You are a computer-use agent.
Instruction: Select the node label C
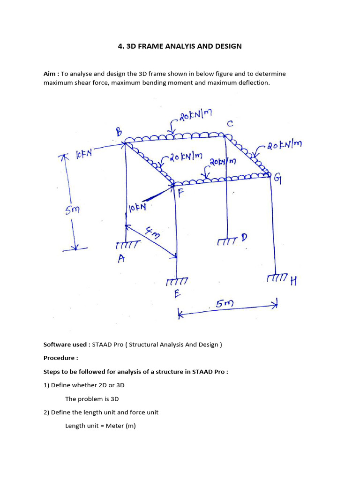[x=230, y=124]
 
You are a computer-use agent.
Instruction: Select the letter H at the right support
[x=293, y=281]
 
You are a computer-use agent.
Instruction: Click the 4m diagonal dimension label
[x=153, y=232]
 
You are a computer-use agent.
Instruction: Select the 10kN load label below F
[x=137, y=207]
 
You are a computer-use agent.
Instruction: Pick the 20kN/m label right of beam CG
[x=285, y=146]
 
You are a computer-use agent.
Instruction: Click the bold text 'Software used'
[x=65, y=345]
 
